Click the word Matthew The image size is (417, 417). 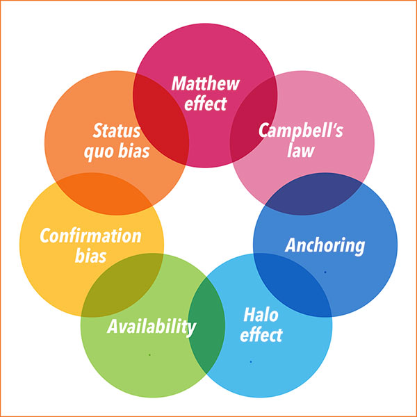pyautogui.click(x=206, y=85)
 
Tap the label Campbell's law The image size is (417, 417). pyautogui.click(x=301, y=139)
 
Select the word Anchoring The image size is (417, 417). pyautogui.click(x=325, y=245)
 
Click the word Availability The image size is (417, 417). pyautogui.click(x=152, y=326)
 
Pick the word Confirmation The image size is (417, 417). pyautogui.click(x=90, y=236)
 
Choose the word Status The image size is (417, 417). pyautogui.click(x=117, y=131)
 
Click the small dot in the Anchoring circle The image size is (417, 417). pyautogui.click(x=325, y=272)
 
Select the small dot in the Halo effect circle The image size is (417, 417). pyautogui.click(x=251, y=361)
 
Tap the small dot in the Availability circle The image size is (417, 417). pyautogui.click(x=149, y=355)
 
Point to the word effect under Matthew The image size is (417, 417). pyautogui.click(x=206, y=105)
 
